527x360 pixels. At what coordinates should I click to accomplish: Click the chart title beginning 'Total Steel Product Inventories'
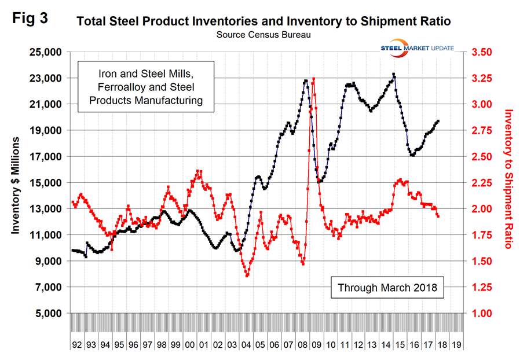(263, 22)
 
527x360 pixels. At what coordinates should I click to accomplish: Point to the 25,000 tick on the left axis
(45, 52)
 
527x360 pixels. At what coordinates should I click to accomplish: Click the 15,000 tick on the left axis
(45, 183)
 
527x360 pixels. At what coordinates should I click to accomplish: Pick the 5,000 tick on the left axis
(47, 314)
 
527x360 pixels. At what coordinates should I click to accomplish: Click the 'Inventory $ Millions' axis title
(16, 185)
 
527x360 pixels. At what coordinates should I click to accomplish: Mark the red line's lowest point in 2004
(247, 275)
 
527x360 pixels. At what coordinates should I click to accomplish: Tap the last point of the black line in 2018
(438, 121)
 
